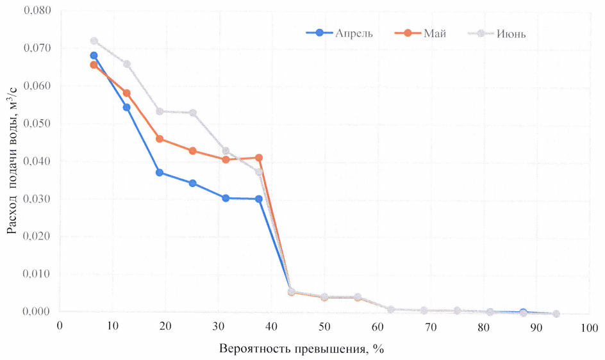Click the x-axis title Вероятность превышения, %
[x=301, y=349]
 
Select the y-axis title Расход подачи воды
[x=12, y=160]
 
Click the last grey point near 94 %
[x=556, y=314]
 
